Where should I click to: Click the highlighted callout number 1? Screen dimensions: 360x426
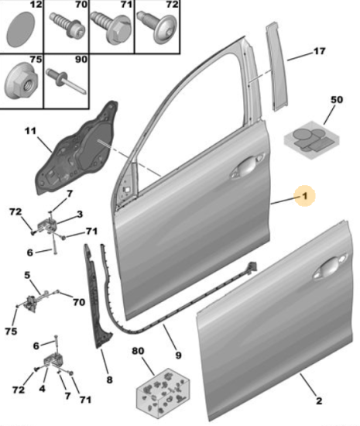pyautogui.click(x=304, y=196)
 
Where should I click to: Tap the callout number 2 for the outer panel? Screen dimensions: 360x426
pyautogui.click(x=319, y=400)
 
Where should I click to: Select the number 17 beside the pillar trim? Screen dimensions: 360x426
pyautogui.click(x=319, y=51)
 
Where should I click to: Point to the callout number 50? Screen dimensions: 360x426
pyautogui.click(x=336, y=100)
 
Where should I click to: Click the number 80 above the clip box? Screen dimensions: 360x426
pyautogui.click(x=138, y=351)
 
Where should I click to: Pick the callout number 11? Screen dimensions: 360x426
pyautogui.click(x=30, y=131)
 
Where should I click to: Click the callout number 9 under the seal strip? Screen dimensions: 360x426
pyautogui.click(x=178, y=355)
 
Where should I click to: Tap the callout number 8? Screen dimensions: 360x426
pyautogui.click(x=109, y=380)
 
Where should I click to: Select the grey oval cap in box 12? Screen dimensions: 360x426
pyautogui.click(x=21, y=29)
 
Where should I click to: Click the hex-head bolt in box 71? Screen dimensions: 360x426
pyautogui.click(x=112, y=27)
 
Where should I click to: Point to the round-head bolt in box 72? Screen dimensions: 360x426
pyautogui.click(x=157, y=27)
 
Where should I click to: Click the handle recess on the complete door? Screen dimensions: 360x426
pyautogui.click(x=247, y=165)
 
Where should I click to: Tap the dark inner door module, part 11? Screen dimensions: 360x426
pyautogui.click(x=77, y=148)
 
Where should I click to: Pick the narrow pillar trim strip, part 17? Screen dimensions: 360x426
pyautogui.click(x=276, y=67)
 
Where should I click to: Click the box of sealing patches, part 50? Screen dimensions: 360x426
pyautogui.click(x=312, y=140)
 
